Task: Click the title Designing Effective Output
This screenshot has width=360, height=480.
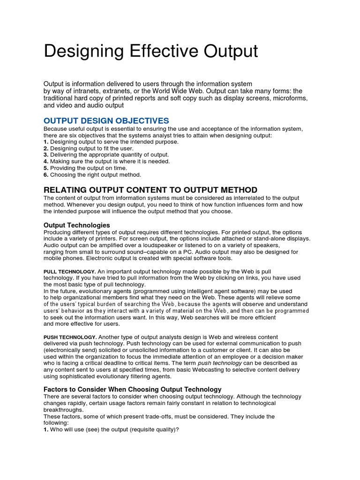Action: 150,51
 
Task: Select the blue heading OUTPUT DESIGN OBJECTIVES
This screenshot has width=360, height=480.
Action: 106,121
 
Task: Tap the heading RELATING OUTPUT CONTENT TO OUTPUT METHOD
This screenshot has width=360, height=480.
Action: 150,190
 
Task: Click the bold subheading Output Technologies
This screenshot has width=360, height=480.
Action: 77,225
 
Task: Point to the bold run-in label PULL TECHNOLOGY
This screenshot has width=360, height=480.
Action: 70,271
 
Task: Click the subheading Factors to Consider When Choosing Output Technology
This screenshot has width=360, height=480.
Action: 132,390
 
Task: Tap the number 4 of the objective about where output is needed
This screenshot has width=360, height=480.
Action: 46,161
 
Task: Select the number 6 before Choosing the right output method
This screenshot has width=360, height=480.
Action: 46,175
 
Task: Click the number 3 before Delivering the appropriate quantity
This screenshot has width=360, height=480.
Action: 46,155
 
